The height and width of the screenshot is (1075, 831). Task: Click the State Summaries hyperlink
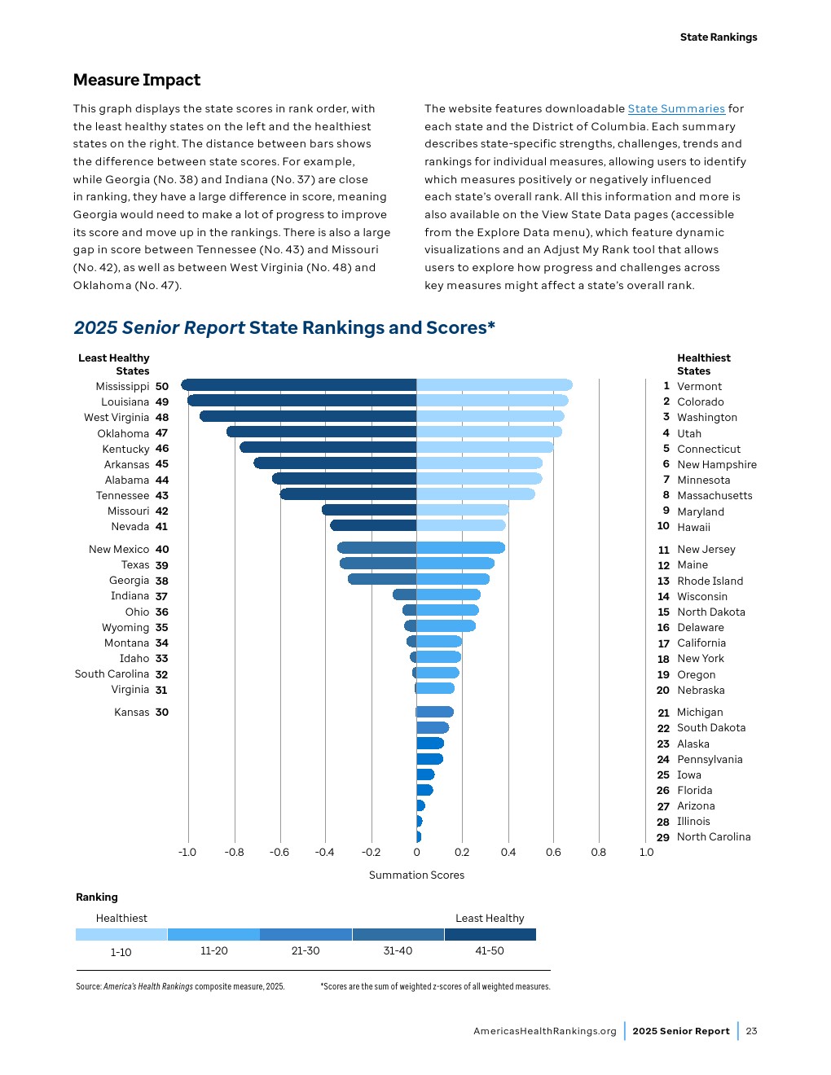(676, 108)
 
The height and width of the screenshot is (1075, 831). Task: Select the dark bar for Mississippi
(298, 385)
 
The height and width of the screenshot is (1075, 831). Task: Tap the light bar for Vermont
(494, 385)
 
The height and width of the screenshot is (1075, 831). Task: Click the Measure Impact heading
(137, 80)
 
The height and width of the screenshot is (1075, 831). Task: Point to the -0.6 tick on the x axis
(279, 852)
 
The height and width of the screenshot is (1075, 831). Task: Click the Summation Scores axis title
(416, 875)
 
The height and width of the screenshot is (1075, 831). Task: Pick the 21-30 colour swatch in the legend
(306, 934)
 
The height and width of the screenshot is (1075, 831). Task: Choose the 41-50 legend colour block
(490, 934)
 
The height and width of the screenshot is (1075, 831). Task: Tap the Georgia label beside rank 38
(129, 581)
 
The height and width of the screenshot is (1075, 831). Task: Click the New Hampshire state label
(716, 464)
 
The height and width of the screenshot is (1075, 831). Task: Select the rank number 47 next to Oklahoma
(161, 433)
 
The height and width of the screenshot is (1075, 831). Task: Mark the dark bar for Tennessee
(348, 494)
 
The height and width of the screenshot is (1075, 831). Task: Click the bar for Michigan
(434, 712)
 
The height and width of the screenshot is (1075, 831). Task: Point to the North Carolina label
(714, 836)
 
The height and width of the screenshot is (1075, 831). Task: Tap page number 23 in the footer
(751, 1031)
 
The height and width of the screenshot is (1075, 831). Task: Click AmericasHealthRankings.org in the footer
(545, 1031)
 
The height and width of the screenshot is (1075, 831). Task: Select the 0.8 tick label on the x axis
(598, 852)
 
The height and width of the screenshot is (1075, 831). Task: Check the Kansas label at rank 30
(131, 712)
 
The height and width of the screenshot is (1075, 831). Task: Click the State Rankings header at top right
(718, 37)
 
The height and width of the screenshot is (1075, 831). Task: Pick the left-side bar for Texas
(378, 564)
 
